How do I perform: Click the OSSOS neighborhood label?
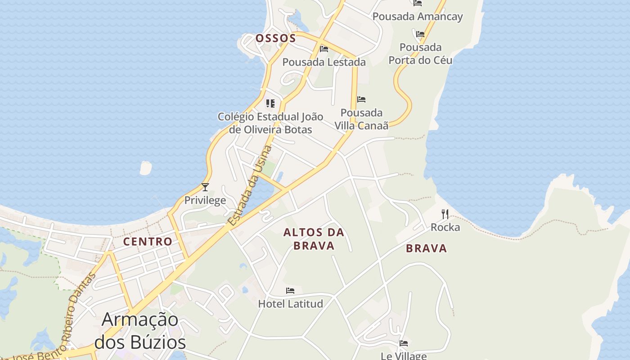point(276,38)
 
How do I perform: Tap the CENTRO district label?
point(148,242)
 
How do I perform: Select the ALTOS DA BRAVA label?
point(314,239)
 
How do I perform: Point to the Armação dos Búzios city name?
point(140,331)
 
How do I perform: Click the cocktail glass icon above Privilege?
point(205,187)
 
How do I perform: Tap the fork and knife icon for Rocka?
point(445,214)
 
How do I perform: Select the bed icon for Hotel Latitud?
point(290,291)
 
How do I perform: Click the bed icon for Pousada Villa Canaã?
point(361,99)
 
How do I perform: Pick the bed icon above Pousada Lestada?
point(324,49)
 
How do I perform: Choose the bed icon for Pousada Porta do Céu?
point(420,34)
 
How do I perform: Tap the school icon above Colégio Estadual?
point(270,103)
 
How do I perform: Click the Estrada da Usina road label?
point(250,185)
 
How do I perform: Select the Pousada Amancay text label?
point(418,17)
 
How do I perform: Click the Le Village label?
point(403,355)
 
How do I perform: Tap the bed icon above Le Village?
point(404,343)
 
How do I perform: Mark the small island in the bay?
point(146,168)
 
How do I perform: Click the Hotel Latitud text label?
point(290,304)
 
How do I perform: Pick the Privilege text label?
point(205,200)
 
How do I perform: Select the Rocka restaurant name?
point(445,227)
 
